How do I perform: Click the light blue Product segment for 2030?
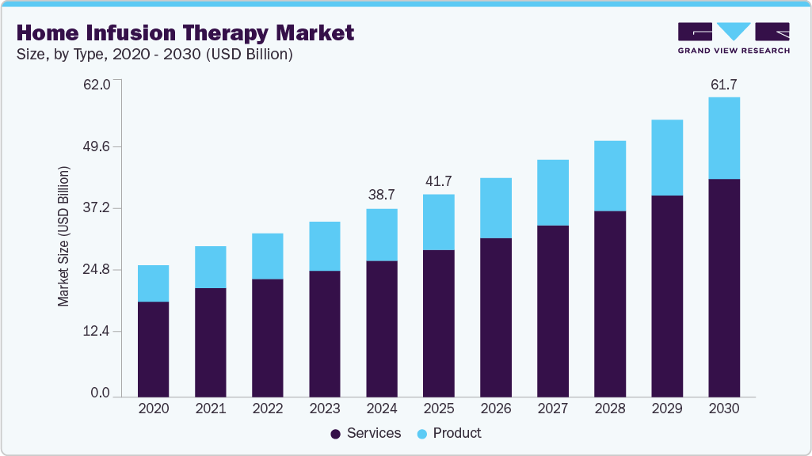[724, 139]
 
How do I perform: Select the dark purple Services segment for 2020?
[153, 348]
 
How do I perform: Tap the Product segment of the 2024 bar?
[381, 234]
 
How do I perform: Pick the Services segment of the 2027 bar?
[553, 310]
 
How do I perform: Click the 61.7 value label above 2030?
[724, 84]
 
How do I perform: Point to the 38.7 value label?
[381, 194]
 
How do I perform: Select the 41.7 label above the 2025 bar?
[438, 180]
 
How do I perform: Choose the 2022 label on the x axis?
[267, 409]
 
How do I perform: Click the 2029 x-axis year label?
[667, 409]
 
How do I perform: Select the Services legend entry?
[365, 433]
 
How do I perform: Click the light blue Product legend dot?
[422, 434]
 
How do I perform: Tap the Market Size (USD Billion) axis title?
[63, 237]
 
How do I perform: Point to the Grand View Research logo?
[733, 38]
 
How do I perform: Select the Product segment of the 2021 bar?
[210, 267]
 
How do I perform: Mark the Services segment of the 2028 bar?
[610, 303]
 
